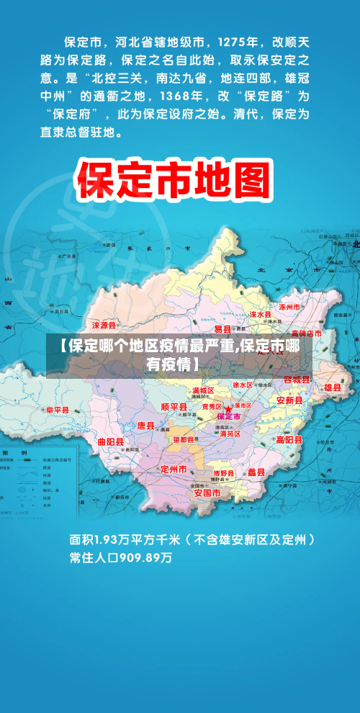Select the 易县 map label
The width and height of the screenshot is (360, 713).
click(x=222, y=329)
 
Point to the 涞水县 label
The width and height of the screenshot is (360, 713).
click(x=260, y=315)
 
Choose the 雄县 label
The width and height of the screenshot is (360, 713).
click(x=333, y=387)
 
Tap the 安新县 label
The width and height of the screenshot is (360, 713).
click(x=290, y=400)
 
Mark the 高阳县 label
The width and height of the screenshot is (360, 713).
click(x=289, y=440)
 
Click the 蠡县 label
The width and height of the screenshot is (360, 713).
click(x=256, y=472)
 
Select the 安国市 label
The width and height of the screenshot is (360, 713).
click(x=207, y=493)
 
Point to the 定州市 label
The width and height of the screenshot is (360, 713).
click(x=174, y=469)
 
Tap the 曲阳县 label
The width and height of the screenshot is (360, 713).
click(x=110, y=441)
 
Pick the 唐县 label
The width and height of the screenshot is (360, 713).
click(x=146, y=426)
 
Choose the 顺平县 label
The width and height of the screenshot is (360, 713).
click(x=174, y=407)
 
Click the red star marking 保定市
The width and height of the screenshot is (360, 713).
click(x=228, y=409)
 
